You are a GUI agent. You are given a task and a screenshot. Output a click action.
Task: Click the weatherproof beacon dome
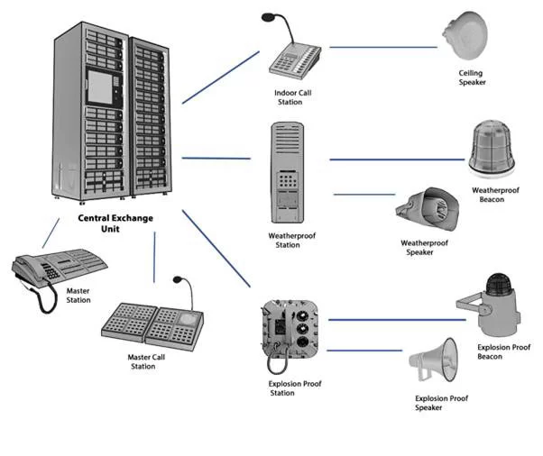coord(491,148)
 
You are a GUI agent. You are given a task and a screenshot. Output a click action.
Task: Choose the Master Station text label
coord(78,295)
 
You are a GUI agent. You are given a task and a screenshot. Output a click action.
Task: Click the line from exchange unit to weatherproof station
coord(216,159)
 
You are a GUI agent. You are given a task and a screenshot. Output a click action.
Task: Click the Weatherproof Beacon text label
coord(497,195)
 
